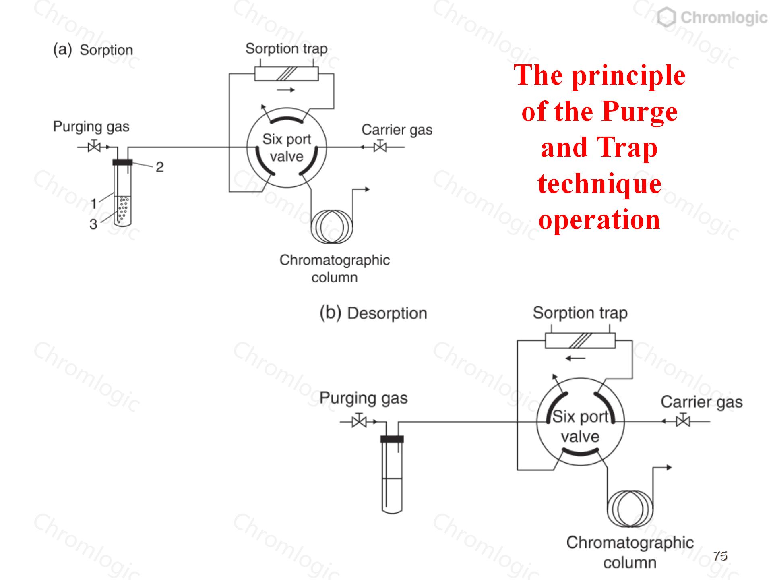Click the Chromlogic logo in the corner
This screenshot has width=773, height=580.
click(x=712, y=18)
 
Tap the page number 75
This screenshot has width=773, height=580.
click(x=720, y=556)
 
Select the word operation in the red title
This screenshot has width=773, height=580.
click(x=599, y=220)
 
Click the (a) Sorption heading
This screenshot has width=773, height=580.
click(x=93, y=50)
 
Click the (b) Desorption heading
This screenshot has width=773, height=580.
click(x=373, y=313)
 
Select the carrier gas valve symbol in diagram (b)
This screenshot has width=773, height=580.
click(x=683, y=421)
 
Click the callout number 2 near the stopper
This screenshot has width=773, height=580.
click(x=159, y=167)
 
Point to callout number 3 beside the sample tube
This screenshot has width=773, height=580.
click(x=93, y=224)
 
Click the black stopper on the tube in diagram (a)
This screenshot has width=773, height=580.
click(x=122, y=162)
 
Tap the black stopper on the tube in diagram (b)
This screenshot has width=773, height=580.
click(x=392, y=439)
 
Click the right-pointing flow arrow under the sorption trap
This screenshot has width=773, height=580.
click(x=286, y=90)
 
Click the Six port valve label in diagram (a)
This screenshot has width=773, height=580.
click(x=287, y=147)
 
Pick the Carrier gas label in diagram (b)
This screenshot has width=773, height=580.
click(x=701, y=402)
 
